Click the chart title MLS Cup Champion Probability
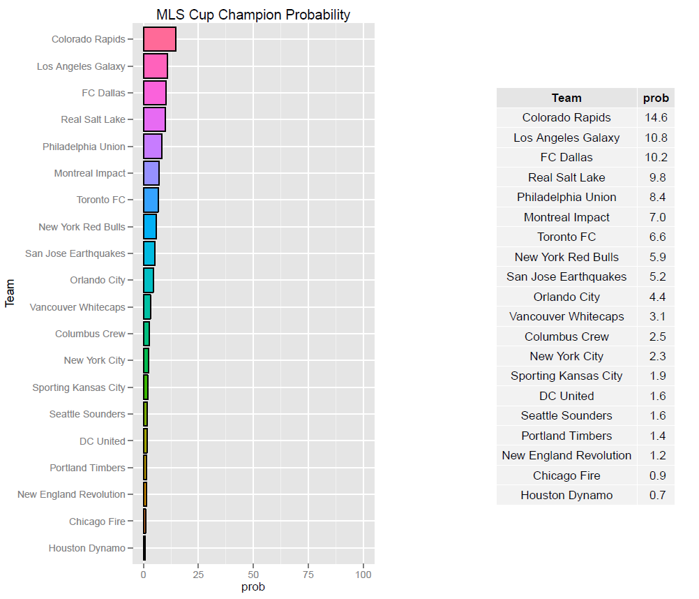tap(253, 15)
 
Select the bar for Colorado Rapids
tap(159, 39)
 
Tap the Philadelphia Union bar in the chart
tap(153, 147)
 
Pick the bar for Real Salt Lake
tap(154, 119)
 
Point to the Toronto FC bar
tap(151, 200)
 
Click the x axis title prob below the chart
tap(253, 587)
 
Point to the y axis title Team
tap(10, 293)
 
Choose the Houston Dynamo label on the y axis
tap(87, 548)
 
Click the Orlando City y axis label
tap(98, 280)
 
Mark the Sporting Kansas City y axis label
tap(79, 387)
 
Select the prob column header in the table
tap(656, 98)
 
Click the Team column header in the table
tap(566, 98)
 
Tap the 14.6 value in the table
tap(656, 117)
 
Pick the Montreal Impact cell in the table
tap(566, 217)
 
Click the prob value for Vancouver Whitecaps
tap(656, 316)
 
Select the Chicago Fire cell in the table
tap(566, 475)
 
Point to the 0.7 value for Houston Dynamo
tap(656, 495)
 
